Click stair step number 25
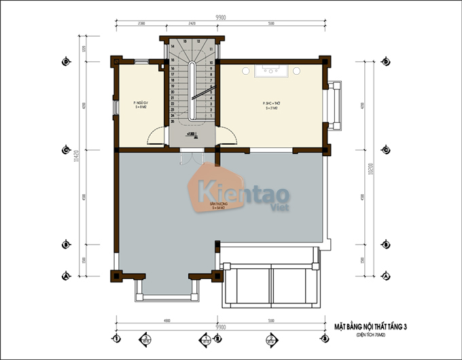coord(174,122)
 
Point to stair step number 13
coord(197,42)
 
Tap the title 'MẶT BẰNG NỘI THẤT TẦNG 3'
coord(375,327)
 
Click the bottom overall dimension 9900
coord(219,327)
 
